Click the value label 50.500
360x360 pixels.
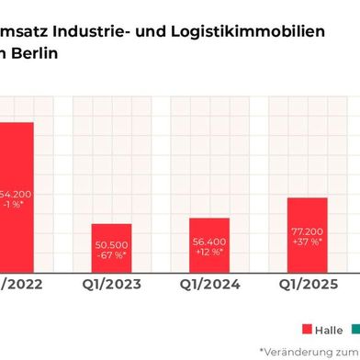pyautogui.click(x=110, y=244)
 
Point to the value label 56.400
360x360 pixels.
pyautogui.click(x=208, y=242)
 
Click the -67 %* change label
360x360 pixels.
pyautogui.click(x=110, y=255)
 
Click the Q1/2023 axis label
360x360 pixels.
pyautogui.click(x=110, y=285)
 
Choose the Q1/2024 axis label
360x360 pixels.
pyautogui.click(x=208, y=285)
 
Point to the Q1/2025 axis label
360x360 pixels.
pyautogui.click(x=307, y=285)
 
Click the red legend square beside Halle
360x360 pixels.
pyautogui.click(x=307, y=329)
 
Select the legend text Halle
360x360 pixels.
pyautogui.click(x=329, y=329)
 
